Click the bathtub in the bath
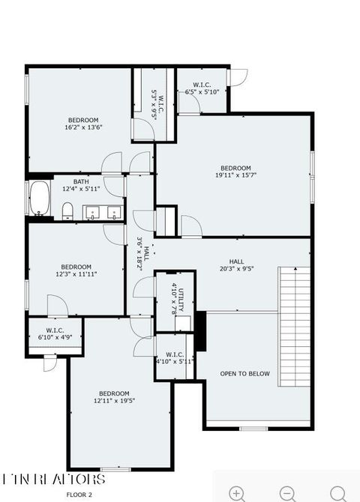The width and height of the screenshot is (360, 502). (x=39, y=199)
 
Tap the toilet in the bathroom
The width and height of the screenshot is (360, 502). (x=67, y=209)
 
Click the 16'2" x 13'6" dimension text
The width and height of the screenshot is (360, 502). (x=83, y=127)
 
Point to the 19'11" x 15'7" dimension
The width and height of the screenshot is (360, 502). (x=235, y=176)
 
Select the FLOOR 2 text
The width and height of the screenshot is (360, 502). (x=79, y=495)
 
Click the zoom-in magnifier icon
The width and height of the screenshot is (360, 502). (x=238, y=492)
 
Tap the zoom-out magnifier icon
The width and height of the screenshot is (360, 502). (x=287, y=492)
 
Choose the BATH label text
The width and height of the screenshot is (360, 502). (x=82, y=182)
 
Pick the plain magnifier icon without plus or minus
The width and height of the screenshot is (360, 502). (x=338, y=492)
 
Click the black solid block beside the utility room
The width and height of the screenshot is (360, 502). (x=199, y=330)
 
